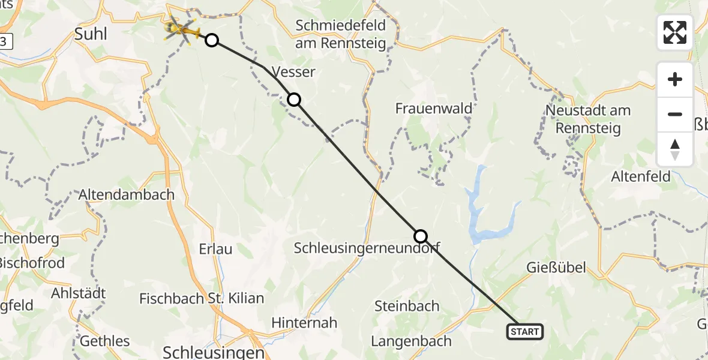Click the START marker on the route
525,331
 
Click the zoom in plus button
675,79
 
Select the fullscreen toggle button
675,32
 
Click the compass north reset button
675,149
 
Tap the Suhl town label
91,34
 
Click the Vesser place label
293,72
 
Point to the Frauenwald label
434,109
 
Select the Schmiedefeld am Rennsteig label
340,35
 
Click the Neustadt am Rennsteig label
588,119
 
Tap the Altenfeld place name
640,177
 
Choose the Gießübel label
556,268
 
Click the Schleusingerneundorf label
367,248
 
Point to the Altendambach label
127,195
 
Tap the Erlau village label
215,248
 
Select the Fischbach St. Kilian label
202,298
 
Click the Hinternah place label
304,322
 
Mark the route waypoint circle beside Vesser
294,100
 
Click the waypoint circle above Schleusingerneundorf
421,236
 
